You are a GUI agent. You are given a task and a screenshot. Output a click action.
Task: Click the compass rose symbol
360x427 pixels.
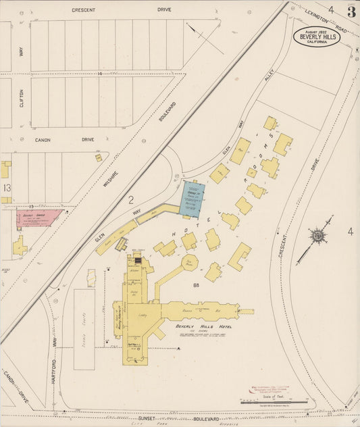[318, 236]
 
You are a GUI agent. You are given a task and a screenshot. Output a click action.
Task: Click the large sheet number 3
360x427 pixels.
[351, 12]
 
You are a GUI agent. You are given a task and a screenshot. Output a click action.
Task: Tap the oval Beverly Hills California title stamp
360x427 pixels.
[316, 36]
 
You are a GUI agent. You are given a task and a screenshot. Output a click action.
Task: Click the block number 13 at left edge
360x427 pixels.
[6, 187]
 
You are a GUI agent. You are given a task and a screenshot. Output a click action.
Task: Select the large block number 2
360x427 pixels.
[131, 199]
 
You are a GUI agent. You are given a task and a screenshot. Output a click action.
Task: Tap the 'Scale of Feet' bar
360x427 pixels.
[274, 402]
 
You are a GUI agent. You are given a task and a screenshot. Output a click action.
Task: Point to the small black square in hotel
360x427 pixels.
[138, 260]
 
